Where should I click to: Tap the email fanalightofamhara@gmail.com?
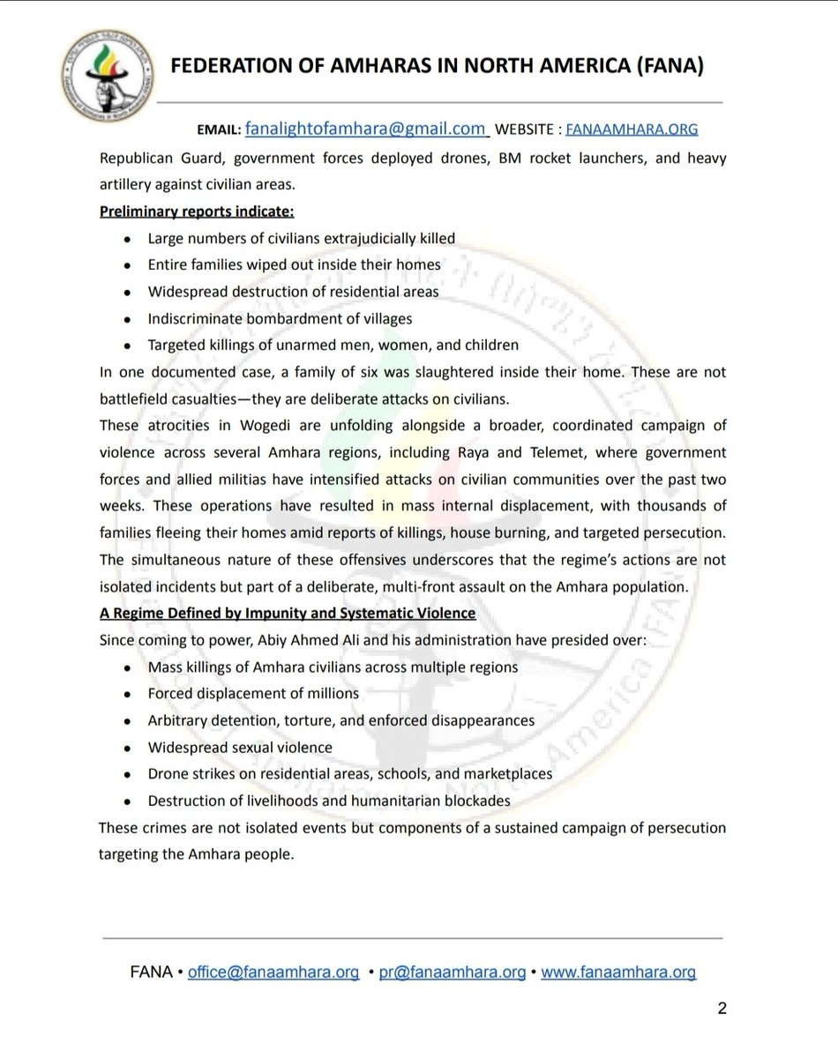366,129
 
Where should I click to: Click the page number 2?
722,1010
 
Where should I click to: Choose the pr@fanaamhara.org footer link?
452,973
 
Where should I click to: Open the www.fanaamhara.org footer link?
618,973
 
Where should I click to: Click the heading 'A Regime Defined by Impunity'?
287,613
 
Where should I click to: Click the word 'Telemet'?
634,452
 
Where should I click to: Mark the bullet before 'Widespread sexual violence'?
129,748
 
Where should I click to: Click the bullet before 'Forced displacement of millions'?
129,694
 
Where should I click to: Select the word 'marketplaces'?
505,773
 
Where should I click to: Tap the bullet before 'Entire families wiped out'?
129,264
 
